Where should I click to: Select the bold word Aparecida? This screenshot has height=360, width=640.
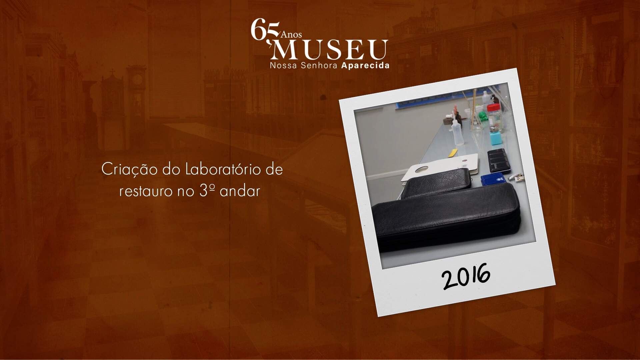click(x=365, y=66)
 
